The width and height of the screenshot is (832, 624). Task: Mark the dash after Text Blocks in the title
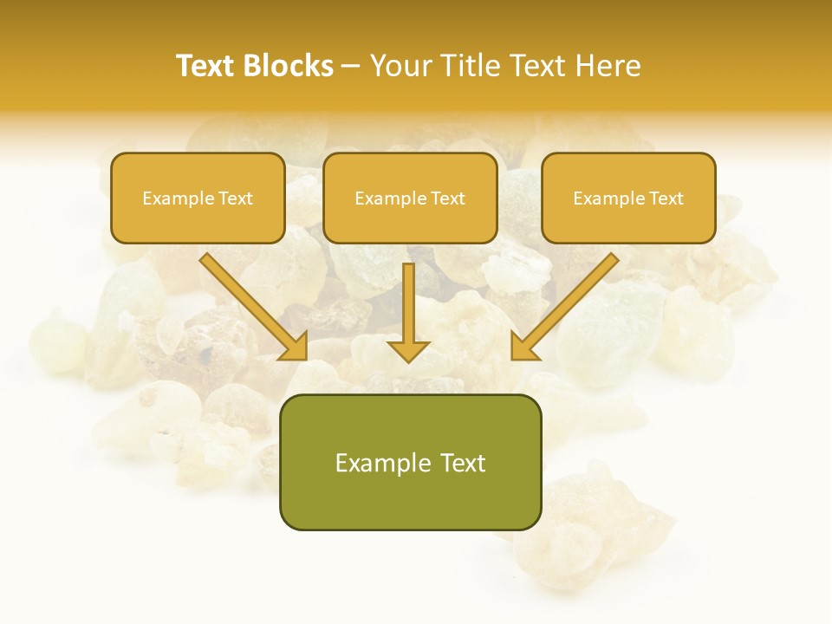(351, 68)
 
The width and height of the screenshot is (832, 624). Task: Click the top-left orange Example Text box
(198, 198)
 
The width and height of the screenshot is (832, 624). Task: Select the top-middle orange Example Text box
(410, 198)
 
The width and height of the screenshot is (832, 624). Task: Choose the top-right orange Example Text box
(628, 198)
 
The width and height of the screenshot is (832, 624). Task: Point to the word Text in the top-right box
(666, 198)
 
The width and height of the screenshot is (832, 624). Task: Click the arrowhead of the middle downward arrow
(408, 350)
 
